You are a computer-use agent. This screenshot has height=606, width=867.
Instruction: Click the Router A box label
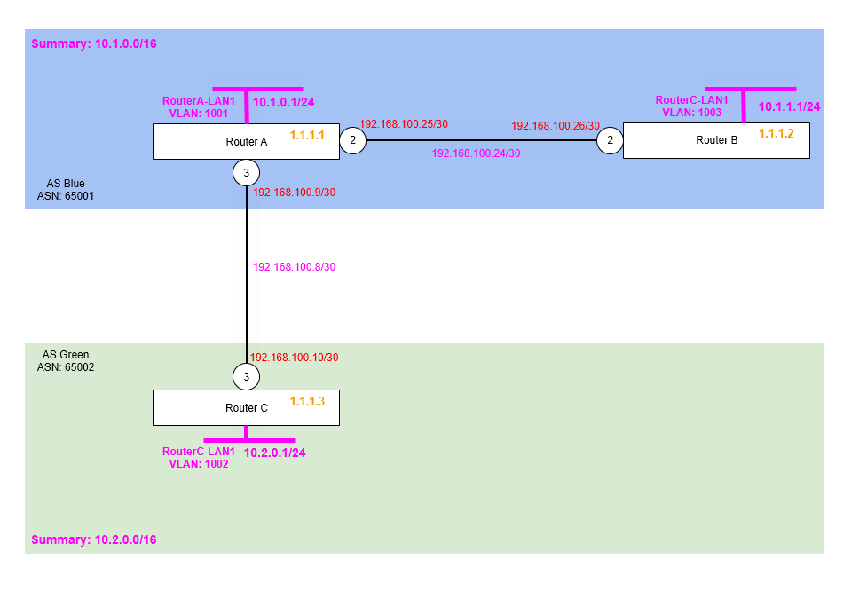click(246, 142)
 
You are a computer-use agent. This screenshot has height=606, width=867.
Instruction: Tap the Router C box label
click(246, 408)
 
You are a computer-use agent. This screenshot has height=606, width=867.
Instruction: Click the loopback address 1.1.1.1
click(307, 136)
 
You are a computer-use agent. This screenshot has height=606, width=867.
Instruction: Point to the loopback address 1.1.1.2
click(776, 132)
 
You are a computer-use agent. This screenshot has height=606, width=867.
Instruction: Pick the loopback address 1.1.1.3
click(307, 401)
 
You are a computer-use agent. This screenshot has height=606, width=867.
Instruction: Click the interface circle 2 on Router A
click(352, 140)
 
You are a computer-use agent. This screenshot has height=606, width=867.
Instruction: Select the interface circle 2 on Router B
click(610, 140)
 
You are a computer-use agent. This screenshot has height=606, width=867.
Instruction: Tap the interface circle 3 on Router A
click(246, 172)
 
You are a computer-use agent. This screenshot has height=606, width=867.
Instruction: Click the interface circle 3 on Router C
click(246, 377)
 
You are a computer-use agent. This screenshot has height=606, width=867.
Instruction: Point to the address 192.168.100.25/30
click(404, 124)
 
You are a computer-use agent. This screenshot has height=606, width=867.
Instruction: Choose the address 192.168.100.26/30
click(556, 126)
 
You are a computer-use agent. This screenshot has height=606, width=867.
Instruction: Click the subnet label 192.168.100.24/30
click(476, 153)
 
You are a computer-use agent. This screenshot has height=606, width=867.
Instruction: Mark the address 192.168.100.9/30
click(295, 192)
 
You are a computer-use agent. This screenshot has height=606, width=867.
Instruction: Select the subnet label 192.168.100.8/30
click(295, 266)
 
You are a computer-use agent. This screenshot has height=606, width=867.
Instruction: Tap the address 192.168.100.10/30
click(295, 358)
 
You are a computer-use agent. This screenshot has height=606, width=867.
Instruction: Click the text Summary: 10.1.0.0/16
click(94, 43)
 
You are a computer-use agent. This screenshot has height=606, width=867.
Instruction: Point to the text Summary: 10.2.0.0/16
click(94, 539)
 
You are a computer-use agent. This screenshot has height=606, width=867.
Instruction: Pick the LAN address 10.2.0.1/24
click(275, 453)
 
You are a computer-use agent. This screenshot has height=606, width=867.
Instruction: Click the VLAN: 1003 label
click(691, 113)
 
